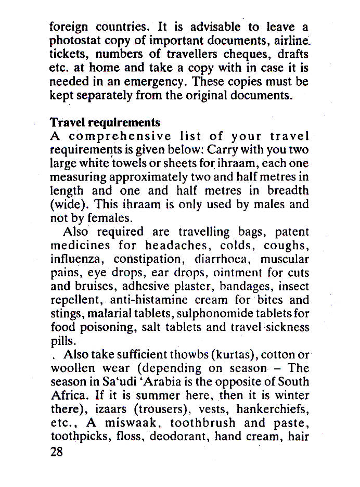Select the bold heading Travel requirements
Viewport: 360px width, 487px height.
coord(105,122)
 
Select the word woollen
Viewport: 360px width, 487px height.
coord(74,369)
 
